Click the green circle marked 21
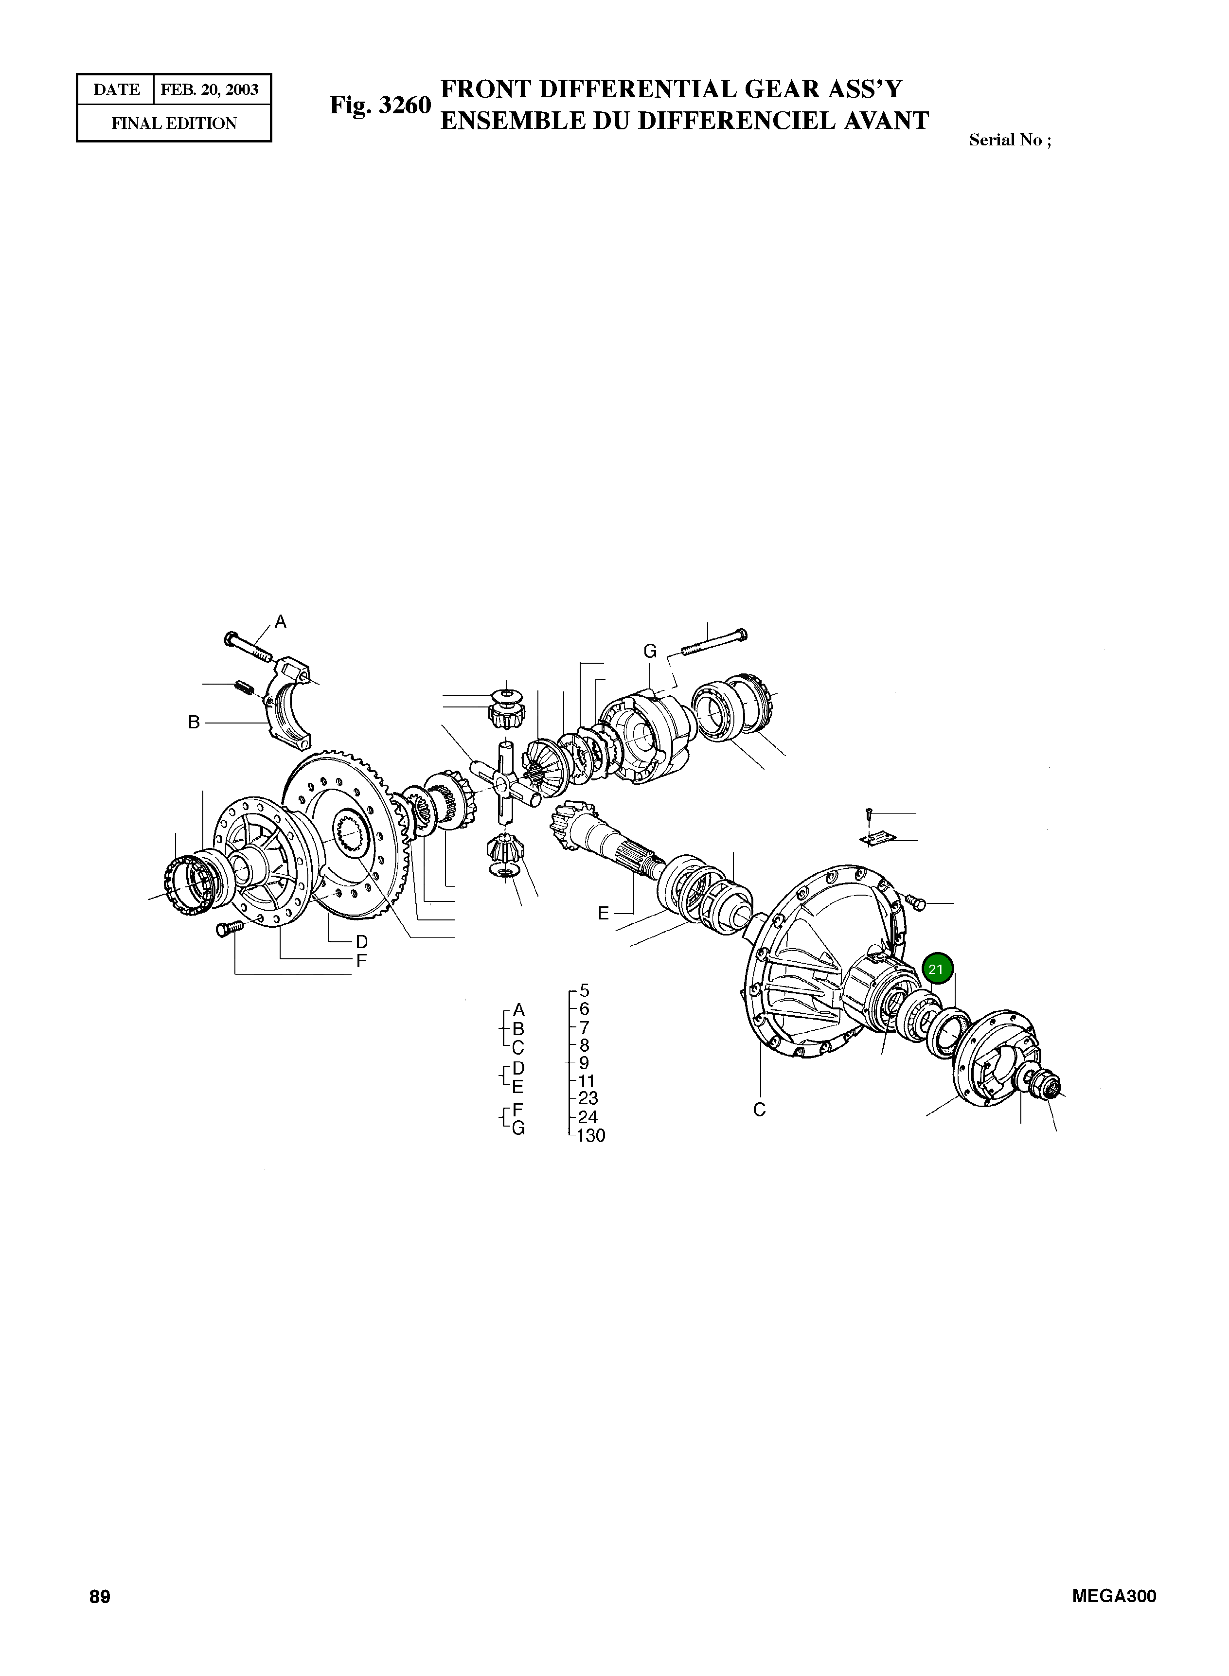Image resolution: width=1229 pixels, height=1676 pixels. coord(936,969)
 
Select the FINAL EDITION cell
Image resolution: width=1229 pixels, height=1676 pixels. coord(174,123)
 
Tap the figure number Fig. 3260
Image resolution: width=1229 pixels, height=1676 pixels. coord(380,105)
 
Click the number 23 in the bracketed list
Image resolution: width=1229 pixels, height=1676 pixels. coord(588,1098)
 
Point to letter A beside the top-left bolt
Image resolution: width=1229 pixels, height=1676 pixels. coord(281,621)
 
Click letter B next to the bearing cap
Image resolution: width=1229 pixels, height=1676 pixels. coord(194,722)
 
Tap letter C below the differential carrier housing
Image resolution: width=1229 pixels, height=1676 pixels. coord(759,1110)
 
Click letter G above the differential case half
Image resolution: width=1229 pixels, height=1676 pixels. coord(650,652)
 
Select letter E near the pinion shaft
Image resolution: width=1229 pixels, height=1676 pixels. coord(604,913)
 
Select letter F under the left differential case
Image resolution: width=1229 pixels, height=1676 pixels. coord(361,961)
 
